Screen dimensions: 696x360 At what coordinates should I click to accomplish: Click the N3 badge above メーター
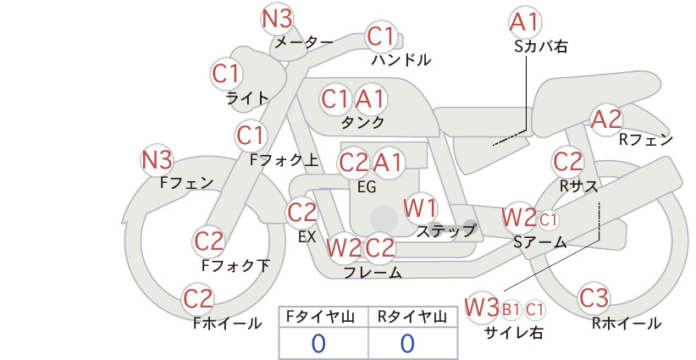pyautogui.click(x=277, y=19)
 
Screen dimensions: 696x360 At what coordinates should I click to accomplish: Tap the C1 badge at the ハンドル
pyautogui.click(x=381, y=36)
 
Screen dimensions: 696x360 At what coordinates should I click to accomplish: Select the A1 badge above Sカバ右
pyautogui.click(x=525, y=22)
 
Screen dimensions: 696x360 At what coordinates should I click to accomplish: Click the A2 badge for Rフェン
pyautogui.click(x=606, y=119)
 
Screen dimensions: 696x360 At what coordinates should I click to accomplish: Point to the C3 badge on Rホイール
pyautogui.click(x=594, y=298)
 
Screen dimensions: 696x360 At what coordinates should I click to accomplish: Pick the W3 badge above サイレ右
pyautogui.click(x=482, y=307)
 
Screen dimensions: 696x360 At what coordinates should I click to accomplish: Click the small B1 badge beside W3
pyautogui.click(x=511, y=309)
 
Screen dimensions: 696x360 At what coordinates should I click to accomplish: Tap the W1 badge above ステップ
pyautogui.click(x=420, y=208)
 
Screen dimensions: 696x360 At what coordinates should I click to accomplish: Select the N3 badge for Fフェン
pyautogui.click(x=157, y=160)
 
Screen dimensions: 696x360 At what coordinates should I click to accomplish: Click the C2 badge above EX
pyautogui.click(x=301, y=213)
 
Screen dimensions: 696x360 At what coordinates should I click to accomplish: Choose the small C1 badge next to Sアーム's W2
pyautogui.click(x=548, y=219)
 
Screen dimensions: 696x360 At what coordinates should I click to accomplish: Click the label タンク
pyautogui.click(x=362, y=123)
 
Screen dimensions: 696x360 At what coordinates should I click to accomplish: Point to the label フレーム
pyautogui.click(x=373, y=272)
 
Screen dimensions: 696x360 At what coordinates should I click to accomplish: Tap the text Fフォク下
pyautogui.click(x=235, y=265)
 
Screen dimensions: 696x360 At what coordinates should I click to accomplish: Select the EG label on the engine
pyautogui.click(x=367, y=187)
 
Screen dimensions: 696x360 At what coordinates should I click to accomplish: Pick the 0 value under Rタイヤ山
pyautogui.click(x=407, y=343)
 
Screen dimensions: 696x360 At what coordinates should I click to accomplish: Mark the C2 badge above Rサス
pyautogui.click(x=567, y=162)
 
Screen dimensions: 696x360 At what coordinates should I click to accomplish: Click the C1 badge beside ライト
pyautogui.click(x=226, y=75)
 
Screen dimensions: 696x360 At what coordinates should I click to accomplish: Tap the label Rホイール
pyautogui.click(x=627, y=324)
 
